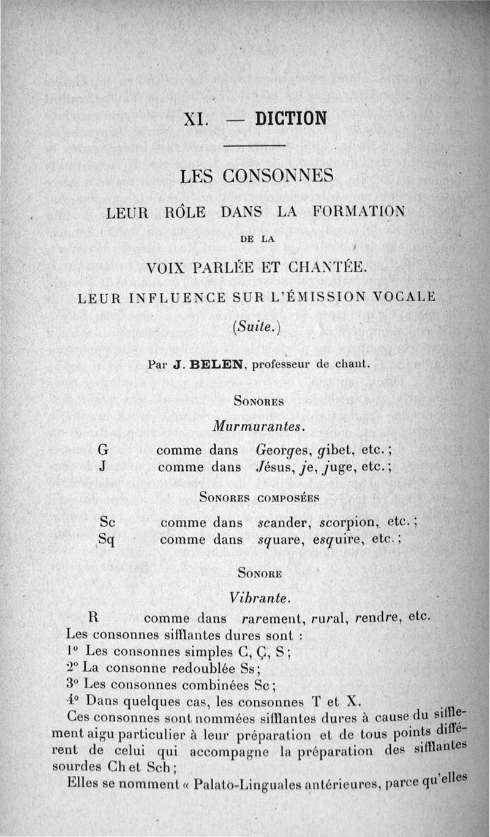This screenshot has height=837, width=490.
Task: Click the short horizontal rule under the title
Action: pos(255,145)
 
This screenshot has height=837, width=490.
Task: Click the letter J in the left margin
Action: pos(104,467)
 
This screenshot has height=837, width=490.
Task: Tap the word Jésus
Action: pos(276,467)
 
